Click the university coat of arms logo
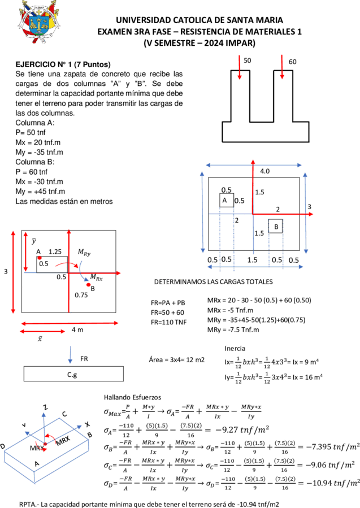pos(38,21)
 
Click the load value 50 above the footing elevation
pos(247,60)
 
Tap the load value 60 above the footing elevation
pos(292,62)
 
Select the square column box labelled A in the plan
pos(227,200)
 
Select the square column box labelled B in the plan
pos(275,226)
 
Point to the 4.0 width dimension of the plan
pos(264,171)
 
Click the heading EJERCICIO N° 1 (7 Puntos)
pos(63,64)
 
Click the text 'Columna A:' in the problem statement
pos(35,123)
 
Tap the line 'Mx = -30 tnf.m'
pos(39,181)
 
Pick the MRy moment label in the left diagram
pos(84,253)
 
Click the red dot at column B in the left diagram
pos(89,285)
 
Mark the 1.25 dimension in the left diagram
pos(55,251)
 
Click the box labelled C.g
pos(73,374)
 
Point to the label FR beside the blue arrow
pos(84,359)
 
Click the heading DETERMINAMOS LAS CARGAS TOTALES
pos(213,282)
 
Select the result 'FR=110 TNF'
pos(168,322)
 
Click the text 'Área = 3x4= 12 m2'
pos(176,360)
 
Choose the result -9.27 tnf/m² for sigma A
pos(242,430)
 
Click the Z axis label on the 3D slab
pos(46,407)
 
